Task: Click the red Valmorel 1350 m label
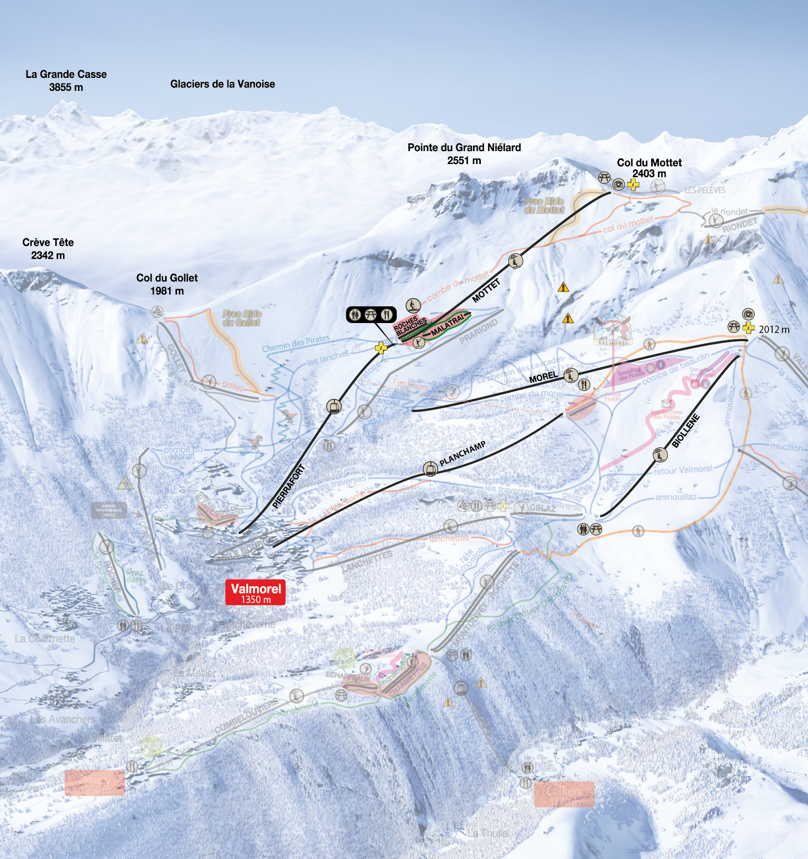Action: pyautogui.click(x=255, y=593)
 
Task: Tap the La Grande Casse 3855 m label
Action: pyautogui.click(x=66, y=80)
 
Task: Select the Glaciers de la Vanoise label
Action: pyautogui.click(x=222, y=84)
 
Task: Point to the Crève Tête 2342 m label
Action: pyautogui.click(x=48, y=248)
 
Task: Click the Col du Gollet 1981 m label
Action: pyautogui.click(x=167, y=284)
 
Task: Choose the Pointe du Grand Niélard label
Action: pyautogui.click(x=464, y=154)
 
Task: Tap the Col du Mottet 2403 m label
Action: pyautogui.click(x=649, y=168)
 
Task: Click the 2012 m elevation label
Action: pyautogui.click(x=773, y=329)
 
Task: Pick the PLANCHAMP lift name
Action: pyautogui.click(x=462, y=453)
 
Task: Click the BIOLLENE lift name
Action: pyautogui.click(x=685, y=431)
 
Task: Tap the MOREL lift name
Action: pyautogui.click(x=543, y=377)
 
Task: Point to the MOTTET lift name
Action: pyautogui.click(x=486, y=290)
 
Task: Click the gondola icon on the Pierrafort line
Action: pyautogui.click(x=333, y=407)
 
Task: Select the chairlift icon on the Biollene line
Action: pyautogui.click(x=659, y=455)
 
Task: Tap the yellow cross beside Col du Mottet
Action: pyautogui.click(x=632, y=184)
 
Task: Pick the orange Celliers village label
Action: pyautogui.click(x=564, y=794)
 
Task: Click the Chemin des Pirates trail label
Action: pyautogui.click(x=295, y=343)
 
